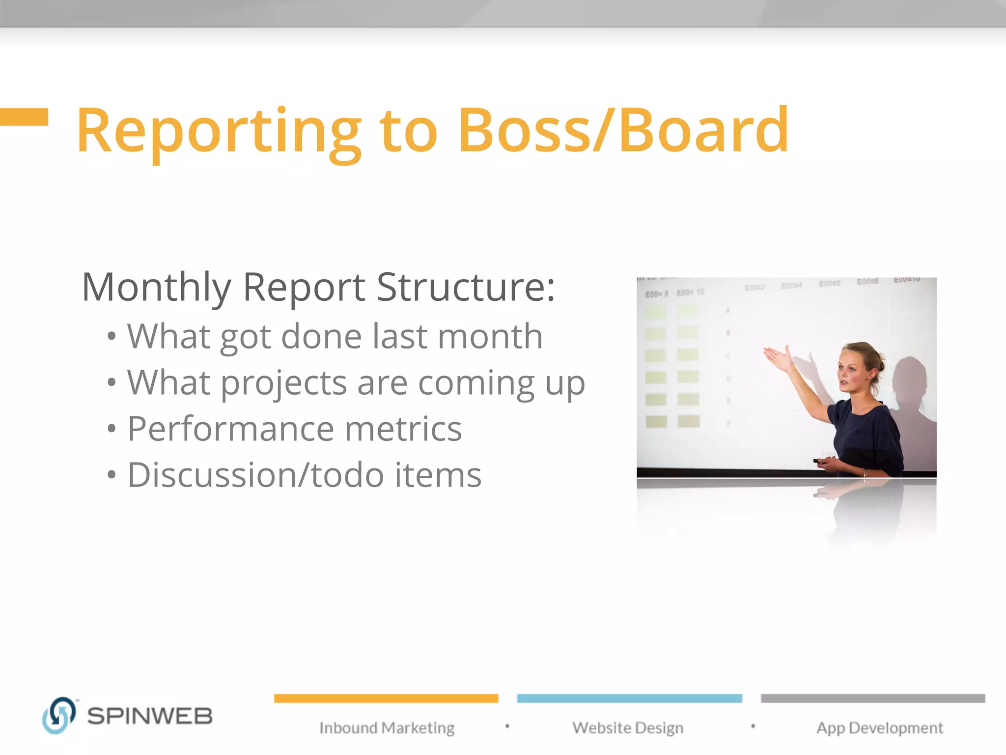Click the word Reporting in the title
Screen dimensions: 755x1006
[x=219, y=132]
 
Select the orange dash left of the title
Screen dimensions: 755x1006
[x=24, y=117]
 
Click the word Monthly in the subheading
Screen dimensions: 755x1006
[x=156, y=287]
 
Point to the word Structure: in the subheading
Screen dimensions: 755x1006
[x=466, y=287]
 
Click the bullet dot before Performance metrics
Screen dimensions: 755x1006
[x=112, y=429]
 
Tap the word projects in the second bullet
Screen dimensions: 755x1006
[x=283, y=383]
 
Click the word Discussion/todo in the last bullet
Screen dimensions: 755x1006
[x=255, y=475]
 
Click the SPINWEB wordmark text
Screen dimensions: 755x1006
[x=150, y=716]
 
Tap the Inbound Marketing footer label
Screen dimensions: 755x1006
[x=387, y=728]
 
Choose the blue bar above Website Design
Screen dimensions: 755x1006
[x=629, y=698]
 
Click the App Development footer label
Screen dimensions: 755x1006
[x=879, y=728]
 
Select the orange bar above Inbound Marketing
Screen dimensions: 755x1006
[x=386, y=698]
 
